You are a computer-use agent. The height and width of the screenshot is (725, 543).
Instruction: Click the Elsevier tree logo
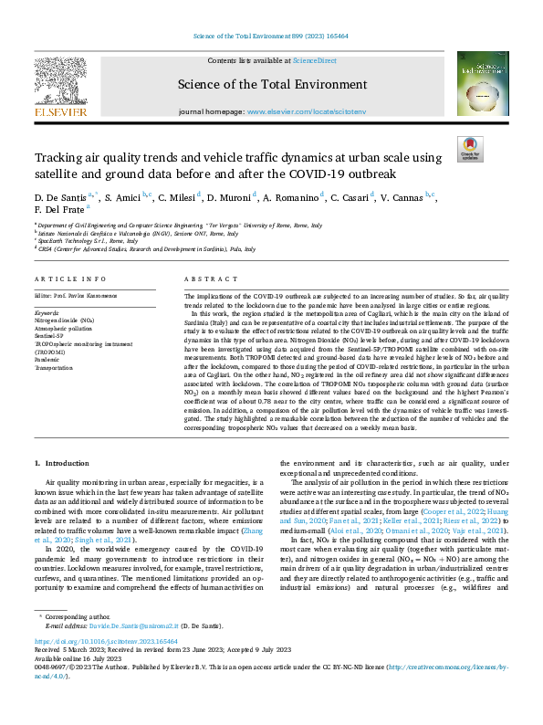(x=60, y=83)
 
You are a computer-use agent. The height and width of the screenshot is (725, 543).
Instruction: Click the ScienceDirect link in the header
(x=315, y=60)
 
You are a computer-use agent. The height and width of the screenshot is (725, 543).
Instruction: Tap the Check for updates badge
(x=469, y=149)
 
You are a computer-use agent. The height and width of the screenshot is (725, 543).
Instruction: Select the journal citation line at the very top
(x=270, y=36)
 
